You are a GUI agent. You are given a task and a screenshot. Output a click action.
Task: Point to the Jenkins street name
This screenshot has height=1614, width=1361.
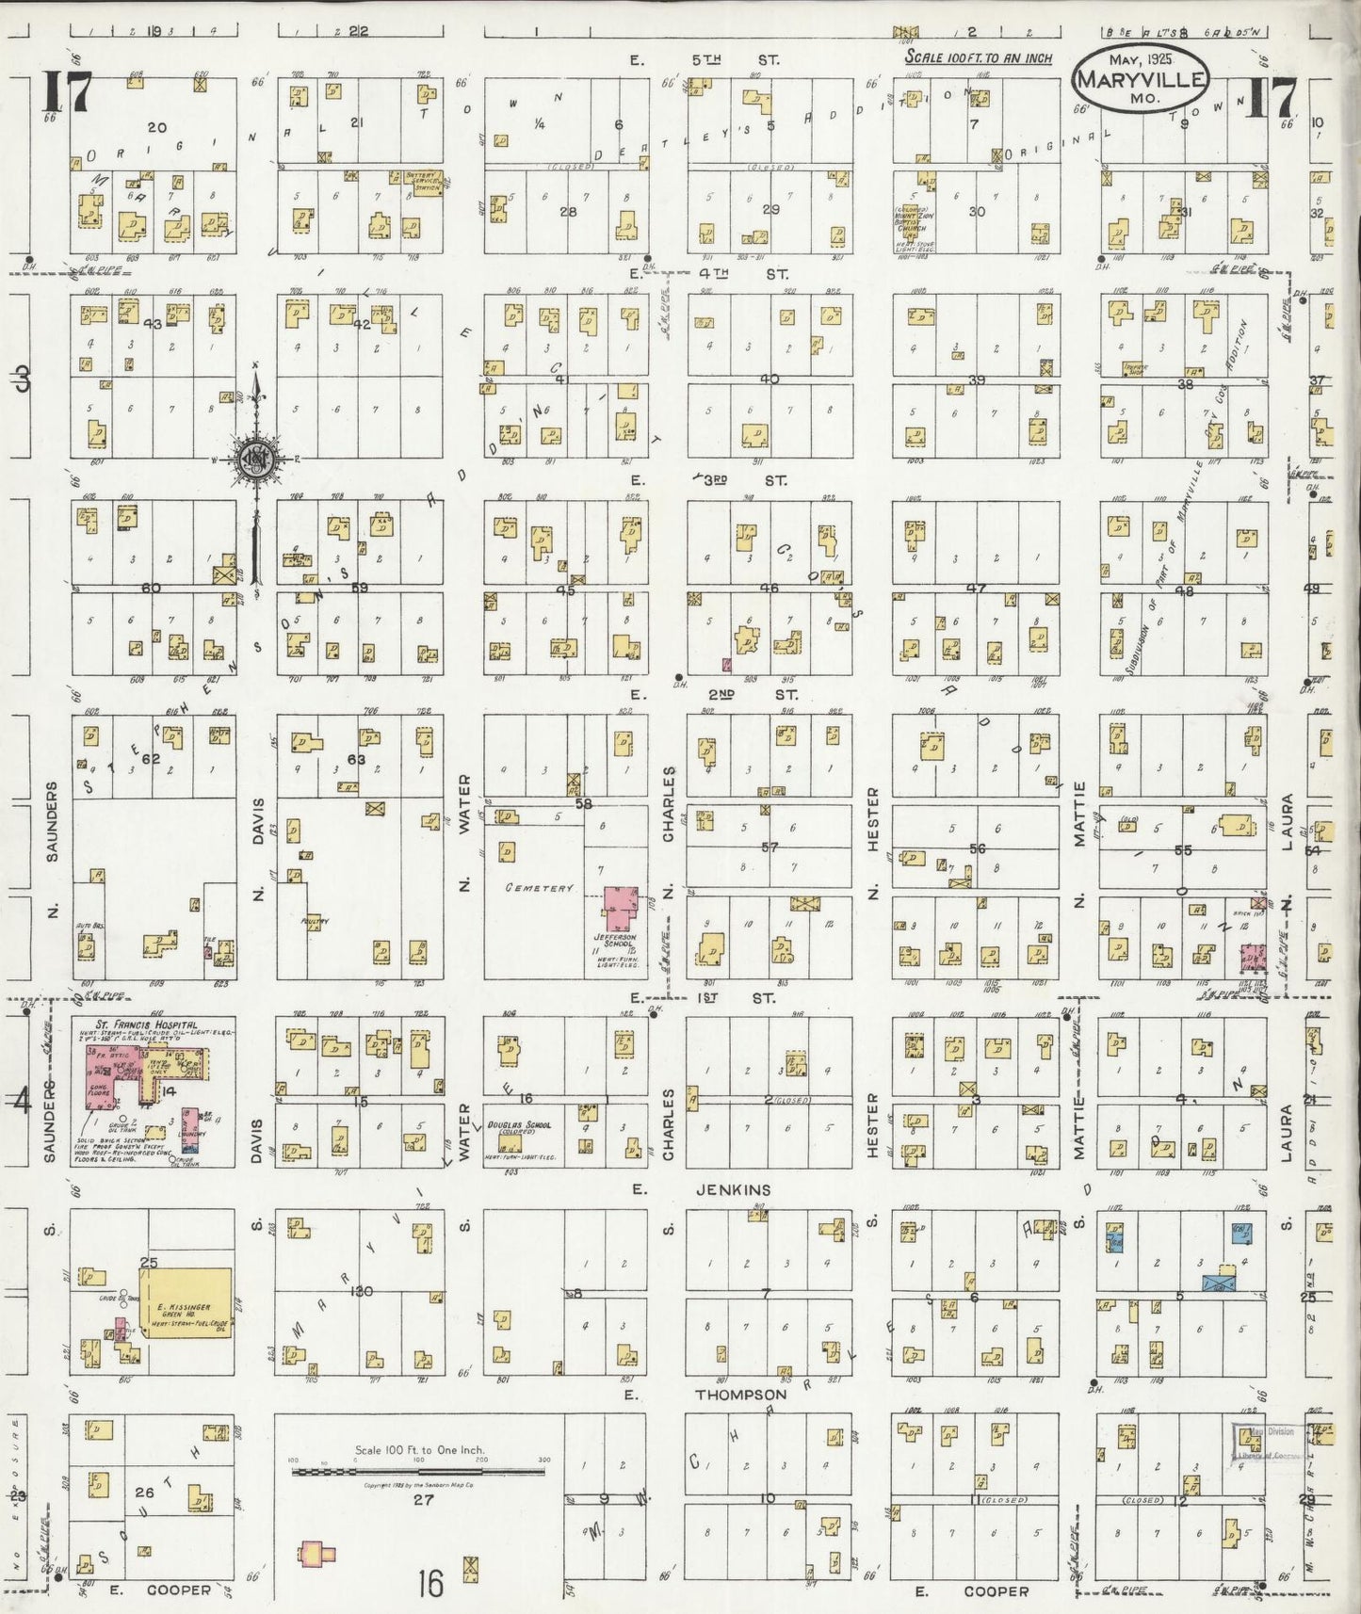point(734,1190)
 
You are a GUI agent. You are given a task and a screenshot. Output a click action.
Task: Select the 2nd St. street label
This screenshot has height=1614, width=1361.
point(734,695)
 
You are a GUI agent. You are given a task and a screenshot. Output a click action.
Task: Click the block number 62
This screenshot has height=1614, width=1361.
point(152,758)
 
